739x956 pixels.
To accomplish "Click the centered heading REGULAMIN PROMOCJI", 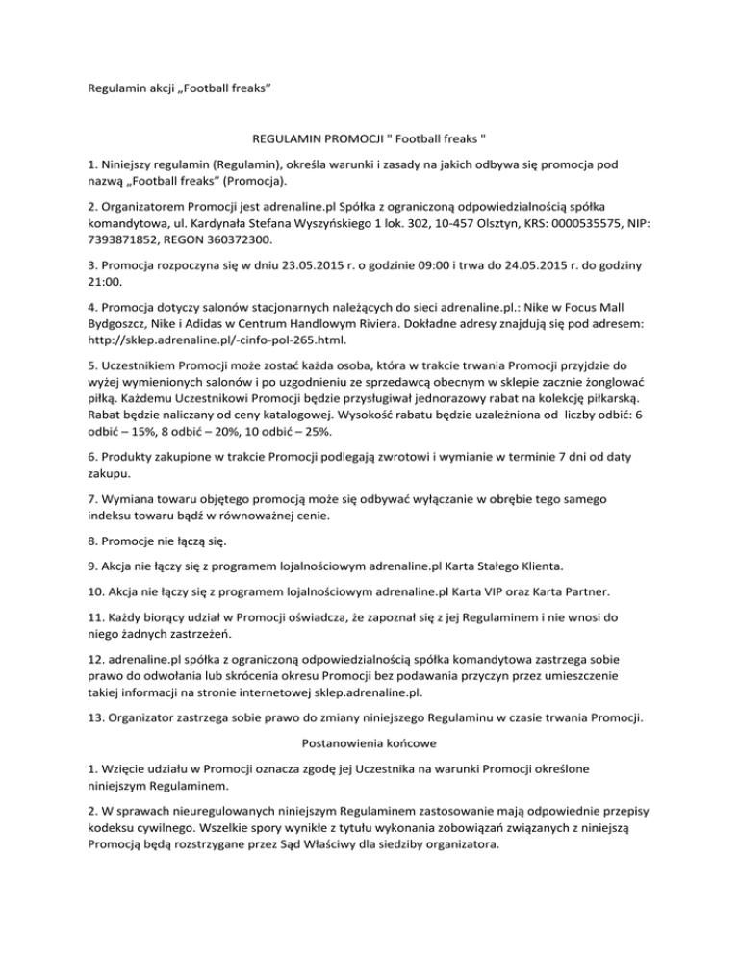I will click(369, 140).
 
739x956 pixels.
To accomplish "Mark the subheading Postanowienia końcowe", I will click(369, 742).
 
